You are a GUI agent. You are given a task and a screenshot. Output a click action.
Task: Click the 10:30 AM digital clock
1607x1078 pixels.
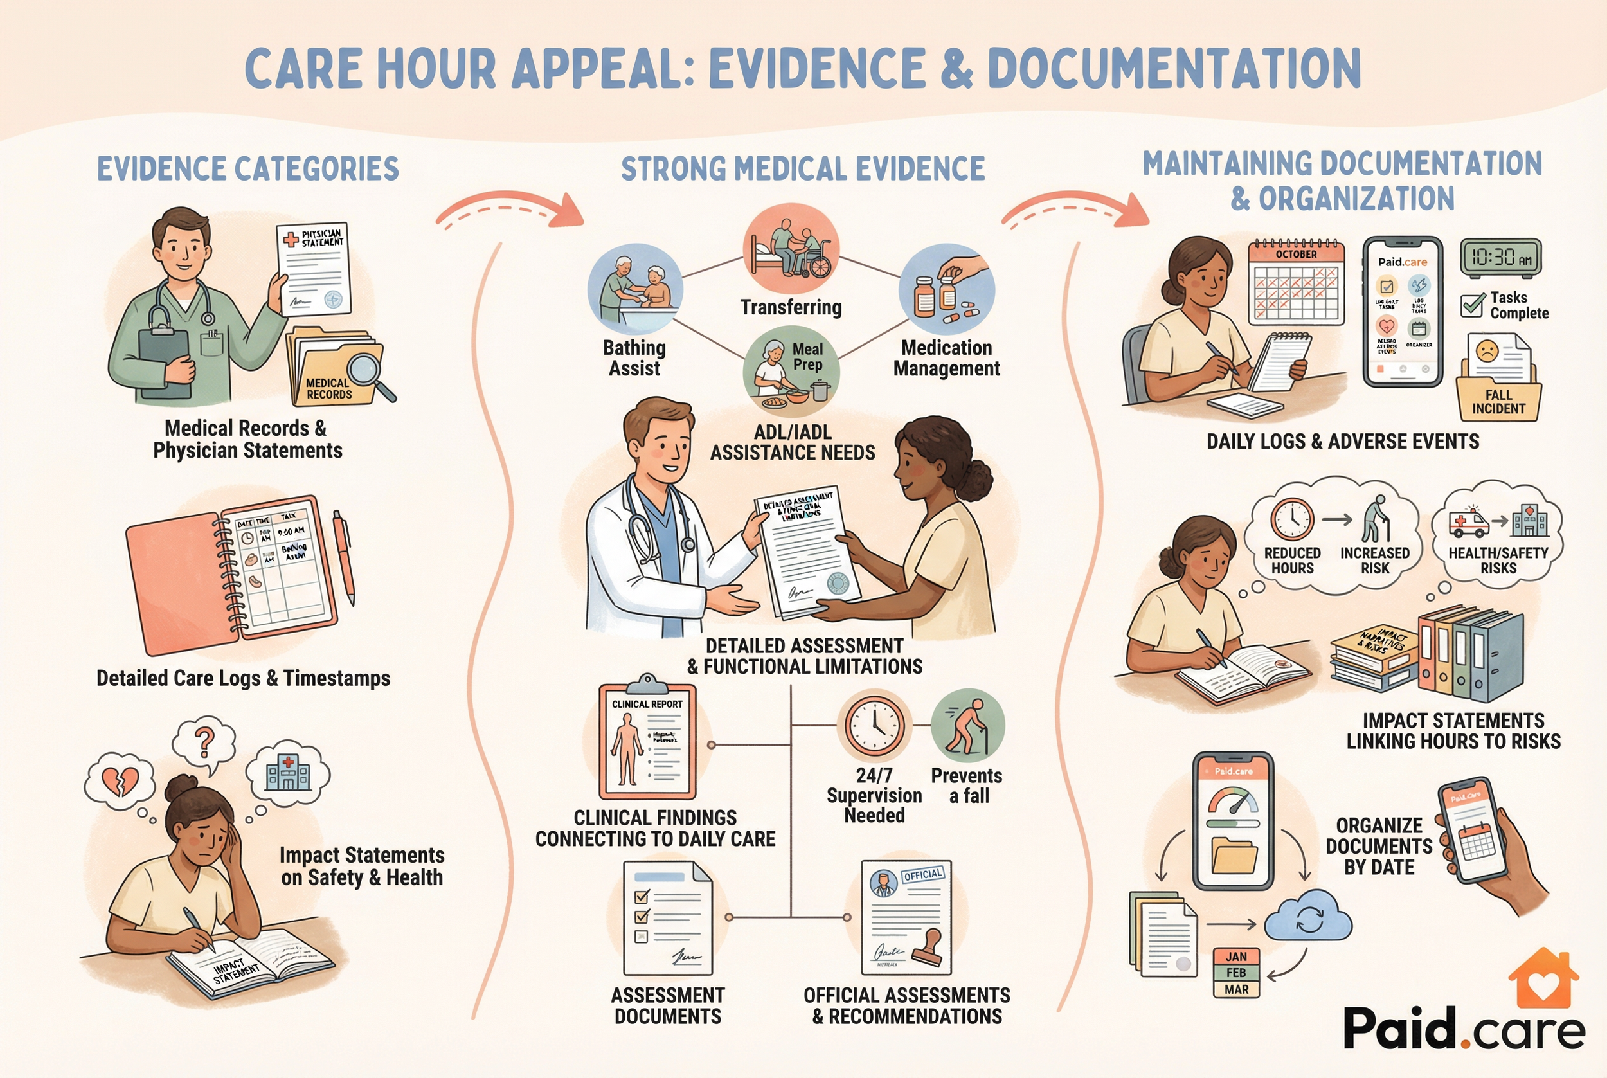click(1500, 258)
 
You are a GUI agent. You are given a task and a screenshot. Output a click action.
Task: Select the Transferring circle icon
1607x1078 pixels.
click(791, 248)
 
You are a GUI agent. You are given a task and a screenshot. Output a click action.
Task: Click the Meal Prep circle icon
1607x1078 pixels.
click(791, 372)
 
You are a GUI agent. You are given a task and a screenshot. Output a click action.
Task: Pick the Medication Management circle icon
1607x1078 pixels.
click(946, 289)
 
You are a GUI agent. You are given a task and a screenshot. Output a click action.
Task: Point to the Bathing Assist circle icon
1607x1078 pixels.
click(635, 289)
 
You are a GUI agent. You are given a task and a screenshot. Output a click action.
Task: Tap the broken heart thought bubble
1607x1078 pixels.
click(120, 780)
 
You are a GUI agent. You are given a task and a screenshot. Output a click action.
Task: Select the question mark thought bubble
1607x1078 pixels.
click(204, 742)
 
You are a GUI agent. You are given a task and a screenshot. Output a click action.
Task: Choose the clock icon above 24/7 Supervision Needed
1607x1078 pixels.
click(874, 726)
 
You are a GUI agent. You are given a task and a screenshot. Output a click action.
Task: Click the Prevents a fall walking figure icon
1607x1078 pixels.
click(967, 726)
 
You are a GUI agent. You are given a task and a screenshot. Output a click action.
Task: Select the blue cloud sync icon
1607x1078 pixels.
click(1308, 917)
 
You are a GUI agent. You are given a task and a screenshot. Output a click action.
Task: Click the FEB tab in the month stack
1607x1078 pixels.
click(1236, 973)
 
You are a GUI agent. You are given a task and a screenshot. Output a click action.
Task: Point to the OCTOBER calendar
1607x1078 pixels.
click(1296, 283)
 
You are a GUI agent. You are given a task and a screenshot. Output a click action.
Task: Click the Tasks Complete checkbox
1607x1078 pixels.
click(1471, 305)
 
